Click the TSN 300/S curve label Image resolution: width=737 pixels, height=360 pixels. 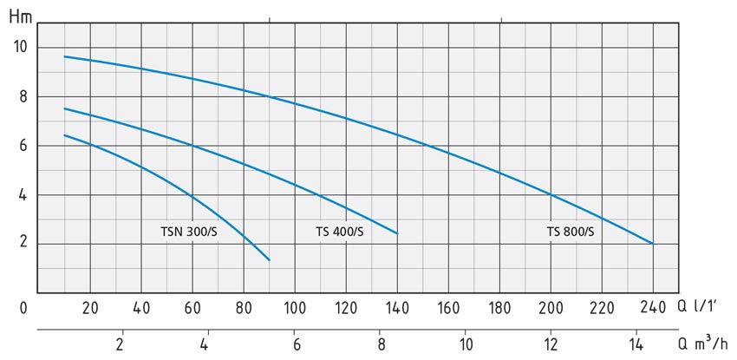[188, 232]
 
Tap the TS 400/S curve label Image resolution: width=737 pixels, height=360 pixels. [340, 232]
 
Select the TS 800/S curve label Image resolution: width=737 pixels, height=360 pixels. [571, 232]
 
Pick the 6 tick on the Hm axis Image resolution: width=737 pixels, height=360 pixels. [23, 146]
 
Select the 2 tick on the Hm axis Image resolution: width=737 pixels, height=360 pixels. [23, 244]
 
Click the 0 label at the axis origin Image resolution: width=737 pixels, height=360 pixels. [24, 307]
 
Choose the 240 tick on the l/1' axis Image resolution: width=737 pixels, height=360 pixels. [651, 307]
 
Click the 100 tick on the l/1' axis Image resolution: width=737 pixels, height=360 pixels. [295, 307]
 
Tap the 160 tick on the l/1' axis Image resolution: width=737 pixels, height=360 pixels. [448, 307]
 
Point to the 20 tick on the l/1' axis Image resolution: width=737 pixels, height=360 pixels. [90, 307]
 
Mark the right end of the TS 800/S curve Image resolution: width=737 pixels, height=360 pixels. [652, 244]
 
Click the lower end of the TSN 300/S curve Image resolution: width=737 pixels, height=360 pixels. [270, 260]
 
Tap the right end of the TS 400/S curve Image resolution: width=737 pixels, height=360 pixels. [397, 233]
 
